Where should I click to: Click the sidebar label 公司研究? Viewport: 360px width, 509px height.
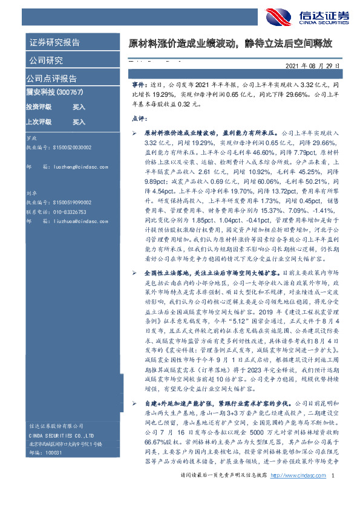coord(45,60)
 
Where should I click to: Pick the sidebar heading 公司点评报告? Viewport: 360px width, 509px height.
coord(51,78)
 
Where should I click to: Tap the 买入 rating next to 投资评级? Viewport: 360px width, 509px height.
coord(79,107)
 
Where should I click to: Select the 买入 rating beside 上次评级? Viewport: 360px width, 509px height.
coord(79,122)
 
